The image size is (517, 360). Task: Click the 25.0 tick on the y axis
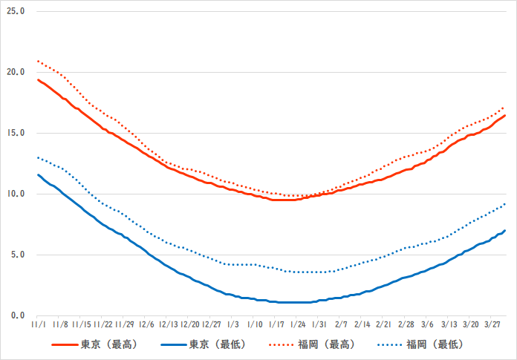[x=16, y=13]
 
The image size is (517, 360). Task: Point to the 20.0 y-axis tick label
[x=16, y=73]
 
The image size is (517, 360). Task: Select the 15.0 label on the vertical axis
[x=16, y=134]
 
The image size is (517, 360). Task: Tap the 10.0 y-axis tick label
[x=16, y=194]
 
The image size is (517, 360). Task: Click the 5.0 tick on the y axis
[x=17, y=255]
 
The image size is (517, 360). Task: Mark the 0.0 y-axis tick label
[x=17, y=316]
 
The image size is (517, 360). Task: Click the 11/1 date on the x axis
[x=39, y=325]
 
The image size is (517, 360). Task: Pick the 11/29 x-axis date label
[x=126, y=325]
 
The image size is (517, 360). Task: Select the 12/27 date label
[x=212, y=325]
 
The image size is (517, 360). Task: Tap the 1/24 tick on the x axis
[x=298, y=325]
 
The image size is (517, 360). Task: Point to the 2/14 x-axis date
[x=362, y=325]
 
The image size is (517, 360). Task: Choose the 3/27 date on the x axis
[x=492, y=325]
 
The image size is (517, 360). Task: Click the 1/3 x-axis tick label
[x=233, y=325]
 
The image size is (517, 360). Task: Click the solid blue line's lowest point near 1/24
[x=298, y=302]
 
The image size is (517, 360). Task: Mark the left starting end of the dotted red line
[x=38, y=62]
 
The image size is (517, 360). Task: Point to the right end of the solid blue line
[x=505, y=231]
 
